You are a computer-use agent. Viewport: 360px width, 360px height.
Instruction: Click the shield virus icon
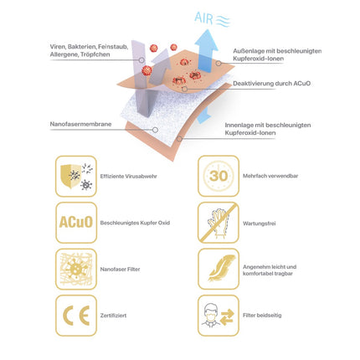tap(76, 177)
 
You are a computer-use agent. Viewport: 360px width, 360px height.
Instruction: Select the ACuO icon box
tap(76, 222)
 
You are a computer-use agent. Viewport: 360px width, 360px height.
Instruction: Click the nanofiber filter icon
tap(76, 269)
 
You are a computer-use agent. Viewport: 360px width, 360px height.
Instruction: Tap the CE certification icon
tap(76, 316)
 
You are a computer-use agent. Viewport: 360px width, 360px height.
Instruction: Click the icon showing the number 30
tap(218, 177)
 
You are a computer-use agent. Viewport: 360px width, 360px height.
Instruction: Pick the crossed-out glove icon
tap(218, 222)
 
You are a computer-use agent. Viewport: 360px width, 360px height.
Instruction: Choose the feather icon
tap(218, 269)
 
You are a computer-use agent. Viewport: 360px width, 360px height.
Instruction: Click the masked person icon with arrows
tap(218, 316)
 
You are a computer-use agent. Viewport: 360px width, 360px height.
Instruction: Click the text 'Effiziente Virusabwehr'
tap(128, 177)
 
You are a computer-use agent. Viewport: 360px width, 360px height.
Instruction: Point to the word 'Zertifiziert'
tap(115, 316)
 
